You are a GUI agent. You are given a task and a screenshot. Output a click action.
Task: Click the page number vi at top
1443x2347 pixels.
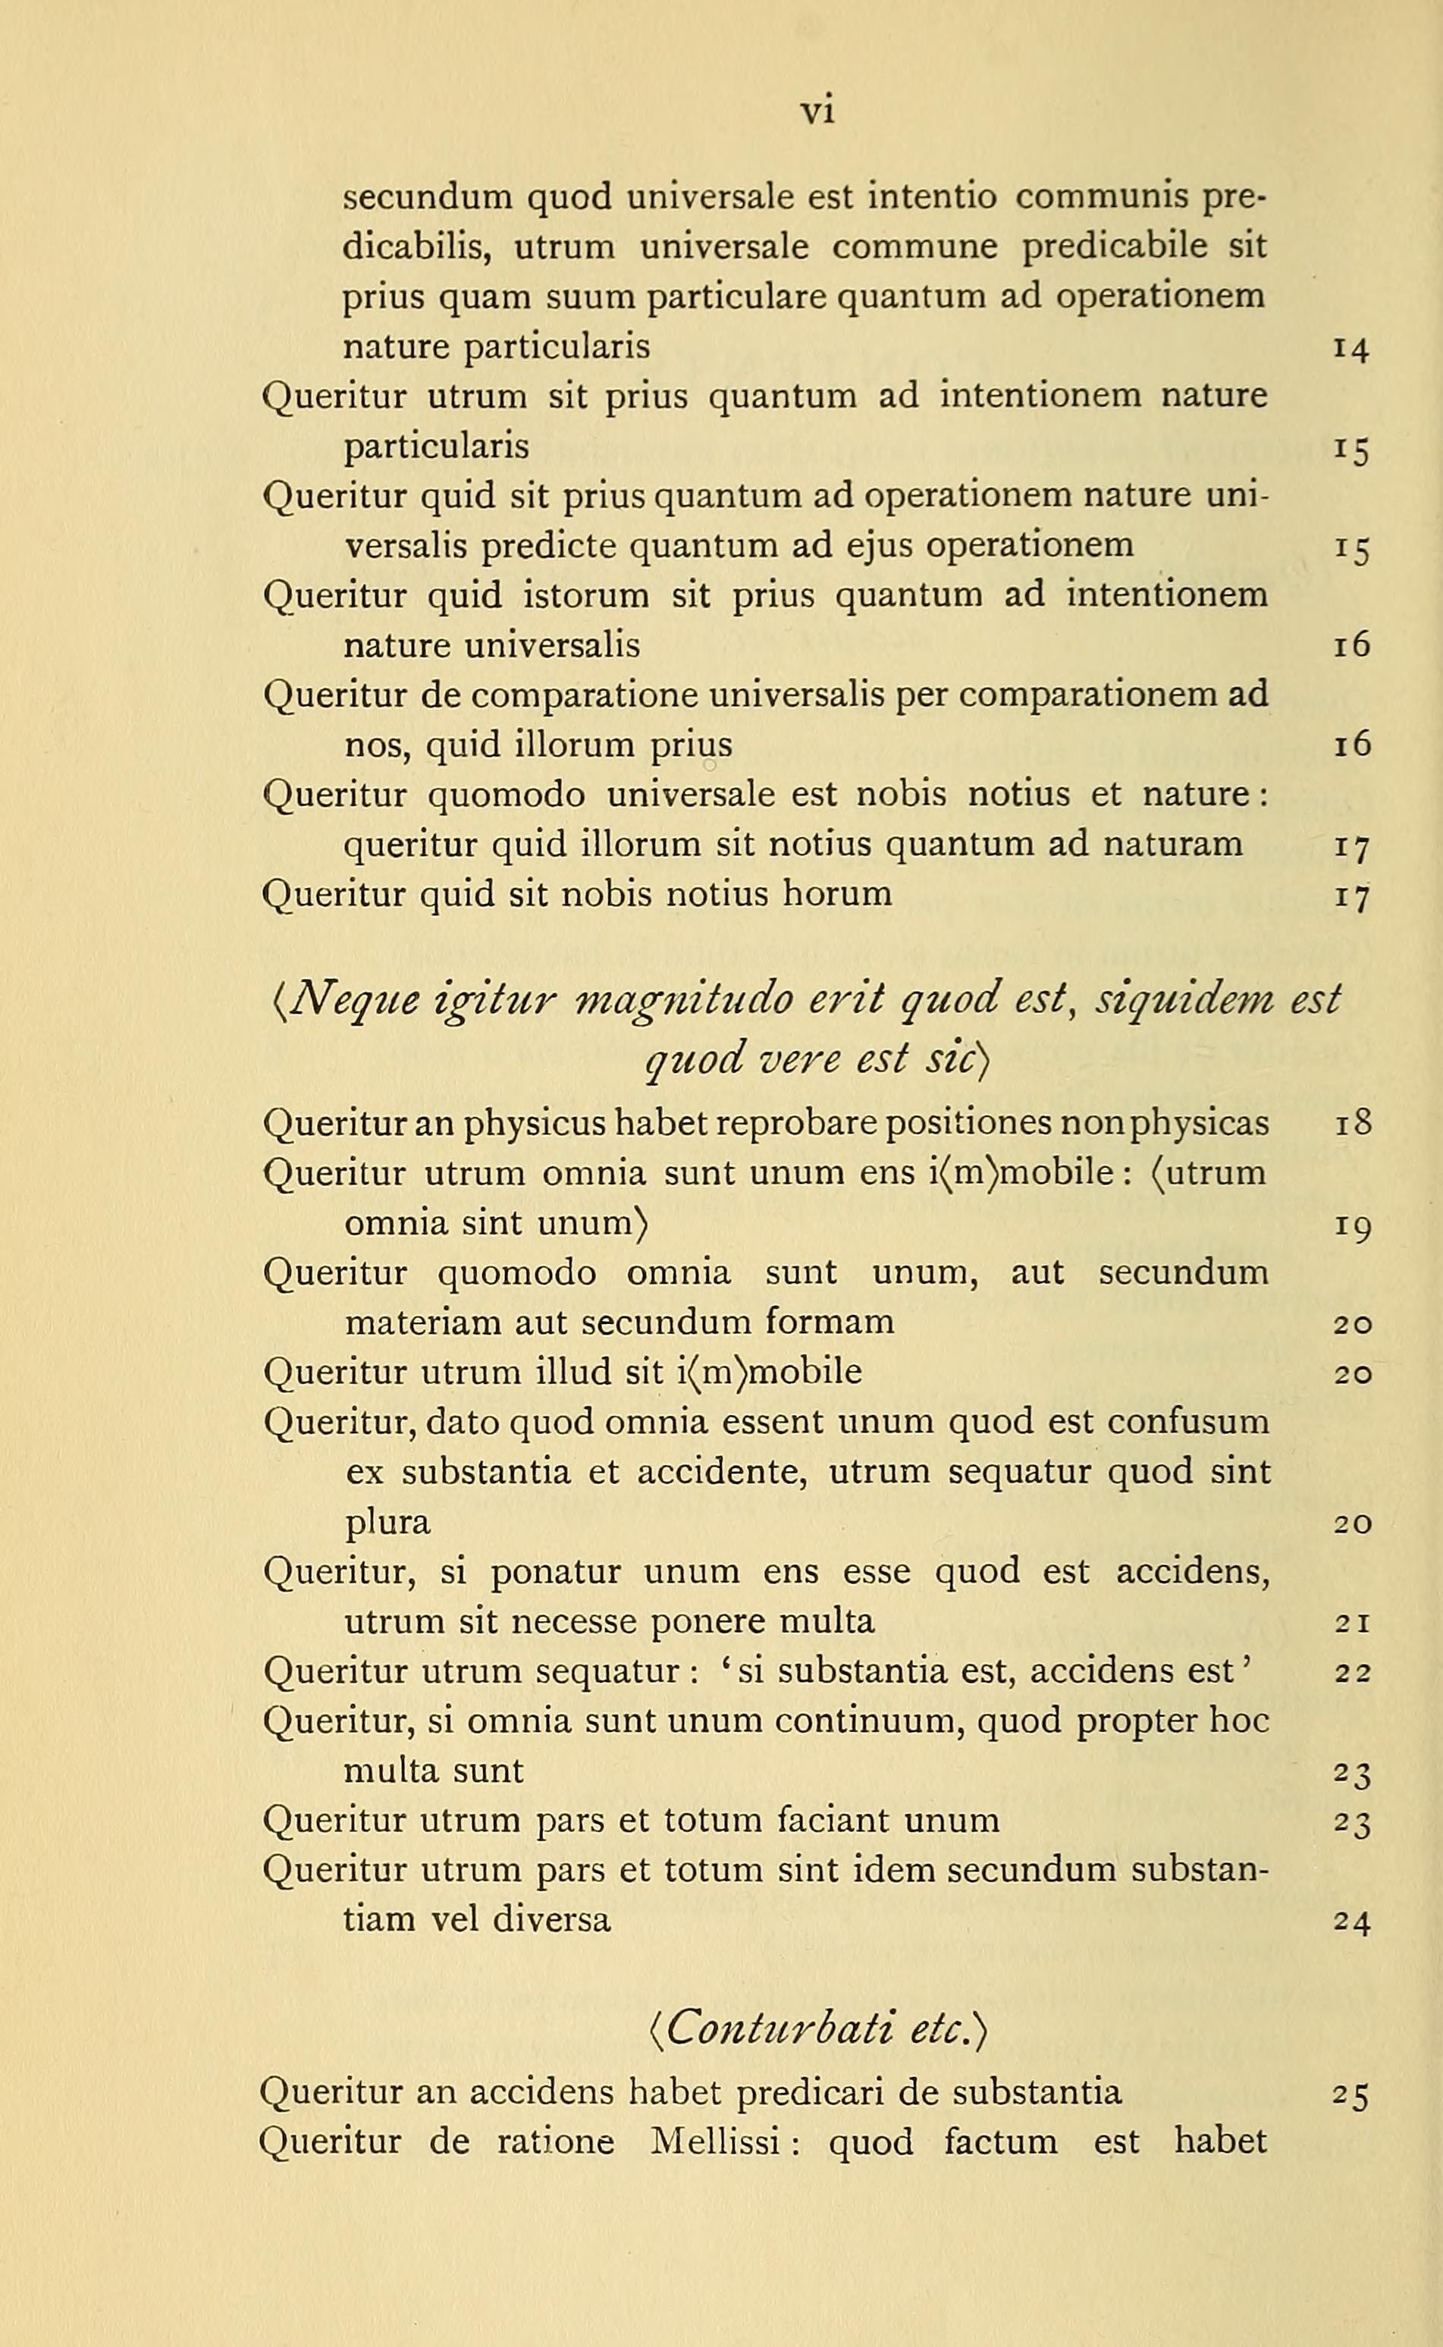tap(818, 111)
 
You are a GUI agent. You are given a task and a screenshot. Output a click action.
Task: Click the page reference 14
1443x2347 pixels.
tap(1350, 350)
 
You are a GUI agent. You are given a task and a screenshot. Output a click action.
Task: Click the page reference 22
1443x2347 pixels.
tap(1352, 1672)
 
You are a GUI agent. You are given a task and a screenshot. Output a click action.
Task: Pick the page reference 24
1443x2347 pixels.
tap(1352, 1922)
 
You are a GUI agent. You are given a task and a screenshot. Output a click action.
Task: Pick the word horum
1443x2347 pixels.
tap(837, 894)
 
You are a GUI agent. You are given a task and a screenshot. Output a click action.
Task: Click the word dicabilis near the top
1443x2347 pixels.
tap(416, 248)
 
